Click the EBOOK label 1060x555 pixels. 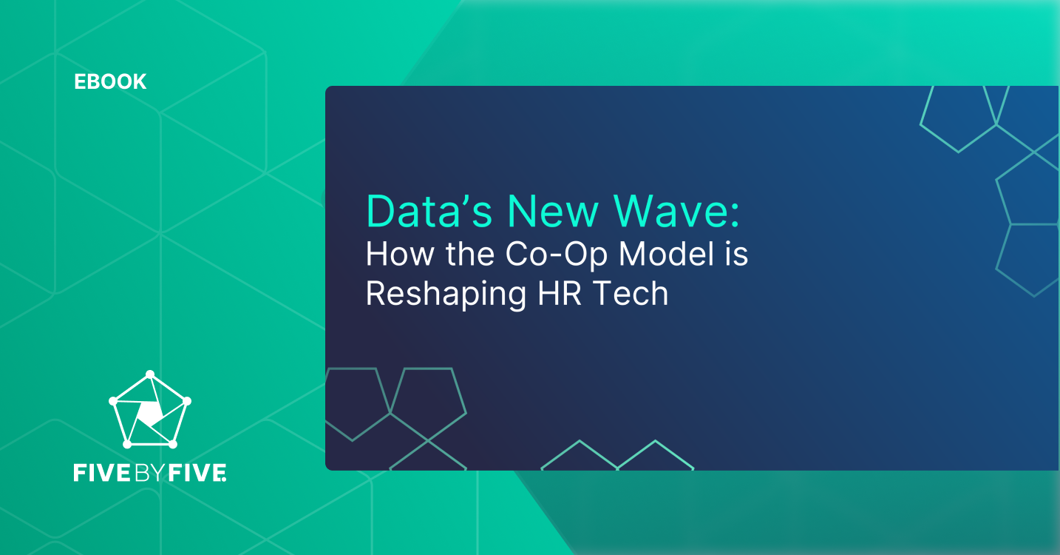click(110, 81)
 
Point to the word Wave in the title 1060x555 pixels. click(668, 212)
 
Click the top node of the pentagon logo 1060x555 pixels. click(150, 374)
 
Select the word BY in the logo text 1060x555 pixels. click(151, 473)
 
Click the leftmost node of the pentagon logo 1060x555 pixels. click(113, 401)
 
